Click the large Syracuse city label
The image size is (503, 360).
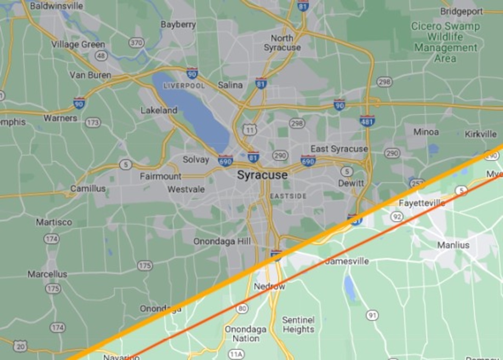[x=262, y=175]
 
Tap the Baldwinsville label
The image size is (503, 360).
[x=57, y=6]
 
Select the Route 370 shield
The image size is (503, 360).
[x=136, y=42]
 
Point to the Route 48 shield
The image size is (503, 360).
[x=101, y=56]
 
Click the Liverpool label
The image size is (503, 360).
[x=184, y=86]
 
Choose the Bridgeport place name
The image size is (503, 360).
[x=461, y=11]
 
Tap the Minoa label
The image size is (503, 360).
[x=426, y=132]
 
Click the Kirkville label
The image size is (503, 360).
[x=481, y=134]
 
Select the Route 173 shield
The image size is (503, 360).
[x=93, y=123]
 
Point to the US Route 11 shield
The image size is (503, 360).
[x=250, y=129]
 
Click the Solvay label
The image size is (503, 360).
[x=196, y=160]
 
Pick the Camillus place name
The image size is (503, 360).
[x=88, y=189]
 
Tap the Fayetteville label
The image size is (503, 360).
[x=422, y=203]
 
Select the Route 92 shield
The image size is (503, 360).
[x=397, y=217]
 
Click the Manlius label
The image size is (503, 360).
[x=453, y=245]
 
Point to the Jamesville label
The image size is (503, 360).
[x=347, y=261]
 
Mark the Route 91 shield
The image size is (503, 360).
[x=372, y=315]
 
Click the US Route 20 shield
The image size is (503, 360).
[x=20, y=346]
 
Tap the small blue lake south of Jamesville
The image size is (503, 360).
[x=349, y=288]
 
